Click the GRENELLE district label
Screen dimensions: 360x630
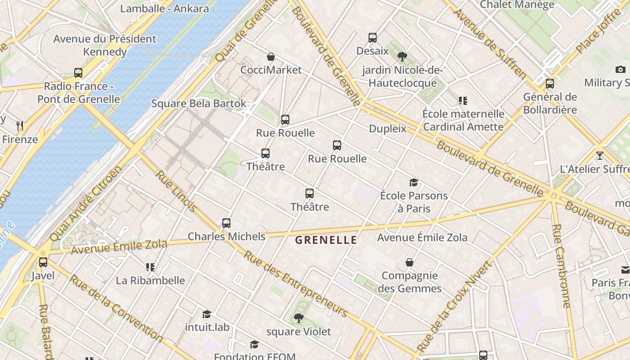point(326,240)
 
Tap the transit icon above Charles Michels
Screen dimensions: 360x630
point(226,223)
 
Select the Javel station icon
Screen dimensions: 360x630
point(43,262)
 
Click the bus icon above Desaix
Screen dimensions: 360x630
point(372,37)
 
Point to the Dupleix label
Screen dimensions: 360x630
point(387,129)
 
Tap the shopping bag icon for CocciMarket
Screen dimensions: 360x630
point(271,57)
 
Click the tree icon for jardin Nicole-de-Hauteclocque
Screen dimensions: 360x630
point(402,57)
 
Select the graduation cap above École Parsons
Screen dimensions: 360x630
point(414,182)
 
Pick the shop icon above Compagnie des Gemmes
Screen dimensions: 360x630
point(409,262)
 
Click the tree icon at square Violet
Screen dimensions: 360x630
point(298,318)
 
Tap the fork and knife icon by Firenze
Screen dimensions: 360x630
point(20,126)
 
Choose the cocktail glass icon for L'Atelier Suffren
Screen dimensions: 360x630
point(599,156)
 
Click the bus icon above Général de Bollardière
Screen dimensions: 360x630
point(549,83)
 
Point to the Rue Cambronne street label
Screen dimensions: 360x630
point(561,265)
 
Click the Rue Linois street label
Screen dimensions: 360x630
point(176,191)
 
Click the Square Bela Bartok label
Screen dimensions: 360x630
point(198,103)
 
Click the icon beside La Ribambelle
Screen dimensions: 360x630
point(150,267)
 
